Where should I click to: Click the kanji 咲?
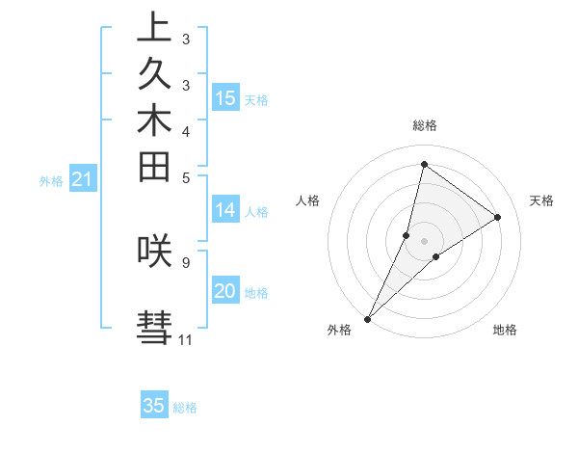(x=154, y=251)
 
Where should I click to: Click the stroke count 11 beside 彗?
(x=185, y=339)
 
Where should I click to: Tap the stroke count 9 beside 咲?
(x=185, y=261)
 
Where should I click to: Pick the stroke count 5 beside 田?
(x=185, y=177)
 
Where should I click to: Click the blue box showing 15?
(x=225, y=97)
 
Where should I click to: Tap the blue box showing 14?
(x=225, y=209)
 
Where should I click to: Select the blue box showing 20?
(x=225, y=291)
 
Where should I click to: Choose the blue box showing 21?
(x=83, y=178)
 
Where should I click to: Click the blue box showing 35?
(x=154, y=406)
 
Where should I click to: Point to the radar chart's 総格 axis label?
(x=424, y=125)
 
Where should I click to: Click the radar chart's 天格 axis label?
(x=541, y=200)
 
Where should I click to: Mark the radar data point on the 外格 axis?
(x=367, y=318)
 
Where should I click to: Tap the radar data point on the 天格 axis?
(x=498, y=217)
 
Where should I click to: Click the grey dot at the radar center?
(x=424, y=240)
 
